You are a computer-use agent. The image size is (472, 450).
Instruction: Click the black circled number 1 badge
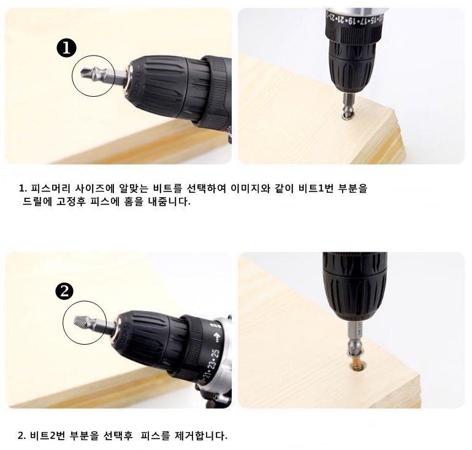pyautogui.click(x=67, y=48)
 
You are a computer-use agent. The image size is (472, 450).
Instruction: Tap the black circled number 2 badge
pyautogui.click(x=65, y=291)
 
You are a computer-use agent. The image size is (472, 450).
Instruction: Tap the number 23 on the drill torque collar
pyautogui.click(x=211, y=366)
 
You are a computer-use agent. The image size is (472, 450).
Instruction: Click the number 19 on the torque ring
pyautogui.click(x=351, y=21)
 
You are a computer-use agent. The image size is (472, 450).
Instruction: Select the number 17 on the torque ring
pyautogui.click(x=363, y=21)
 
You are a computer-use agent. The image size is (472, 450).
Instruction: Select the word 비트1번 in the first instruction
pyautogui.click(x=316, y=189)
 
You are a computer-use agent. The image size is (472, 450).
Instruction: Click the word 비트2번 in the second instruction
pyautogui.click(x=47, y=435)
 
